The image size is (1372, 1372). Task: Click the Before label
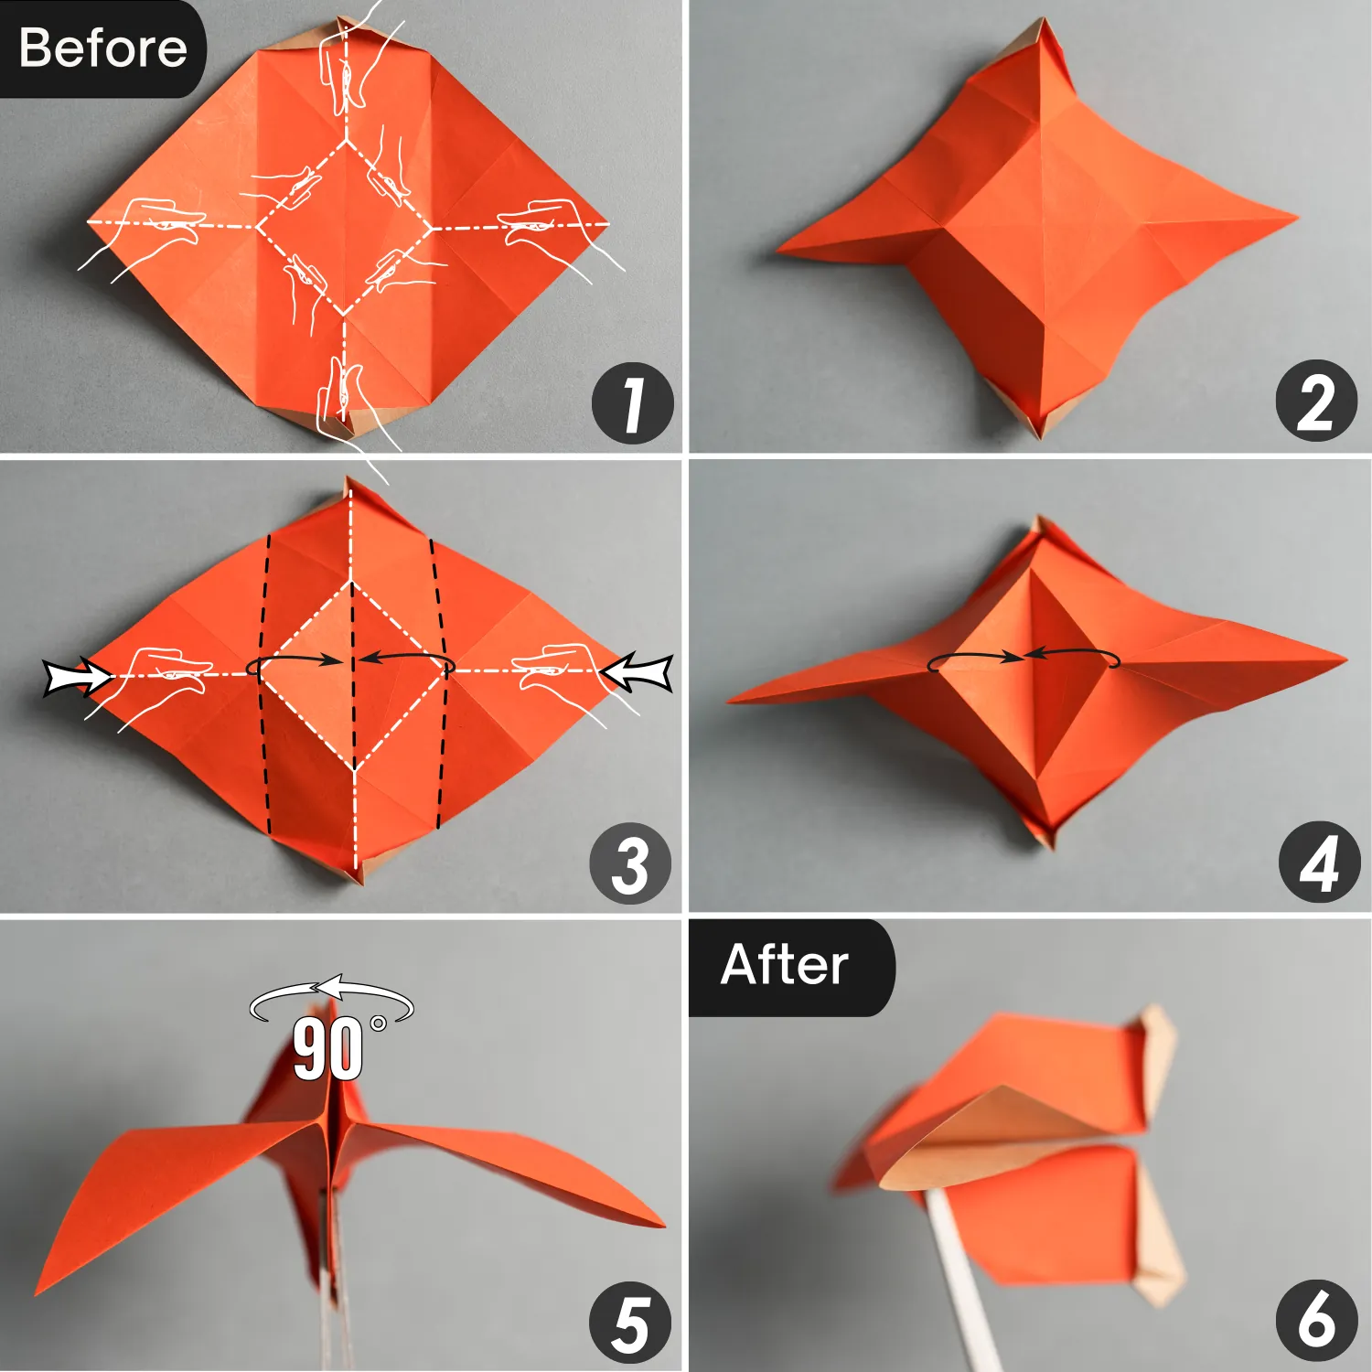(x=102, y=48)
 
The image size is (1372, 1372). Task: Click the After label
(x=784, y=965)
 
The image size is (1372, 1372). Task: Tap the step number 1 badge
(x=632, y=403)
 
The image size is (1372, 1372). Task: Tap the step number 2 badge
(x=1316, y=402)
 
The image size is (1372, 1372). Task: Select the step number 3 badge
(x=630, y=864)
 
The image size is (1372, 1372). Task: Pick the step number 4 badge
(x=1318, y=863)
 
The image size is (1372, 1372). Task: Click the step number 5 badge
(x=630, y=1323)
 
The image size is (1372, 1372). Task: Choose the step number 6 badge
(x=1316, y=1320)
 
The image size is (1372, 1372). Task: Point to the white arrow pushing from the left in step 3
(x=77, y=678)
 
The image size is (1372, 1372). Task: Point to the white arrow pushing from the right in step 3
(x=638, y=673)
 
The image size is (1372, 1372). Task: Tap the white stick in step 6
(x=960, y=1281)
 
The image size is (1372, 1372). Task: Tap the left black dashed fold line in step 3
(x=265, y=686)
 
